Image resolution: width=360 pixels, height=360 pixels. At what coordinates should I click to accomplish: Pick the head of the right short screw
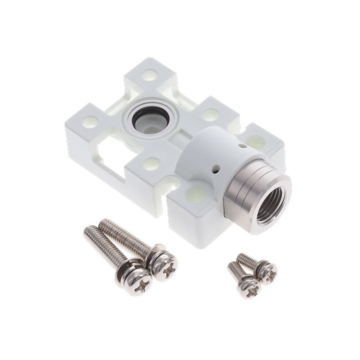267,270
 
